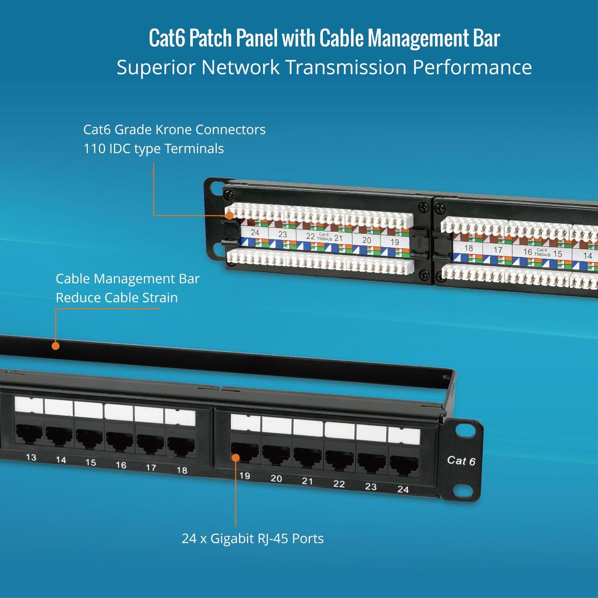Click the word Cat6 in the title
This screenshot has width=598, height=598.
(167, 38)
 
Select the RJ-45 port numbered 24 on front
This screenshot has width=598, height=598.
(404, 465)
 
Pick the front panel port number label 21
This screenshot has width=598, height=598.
(307, 481)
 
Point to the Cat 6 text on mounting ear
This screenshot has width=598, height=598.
(461, 461)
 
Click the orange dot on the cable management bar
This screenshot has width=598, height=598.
(56, 346)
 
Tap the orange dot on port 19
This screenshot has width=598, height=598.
(235, 457)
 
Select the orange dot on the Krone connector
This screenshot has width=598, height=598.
(229, 215)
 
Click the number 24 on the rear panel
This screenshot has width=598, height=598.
(255, 232)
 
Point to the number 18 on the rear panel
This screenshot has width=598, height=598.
(468, 248)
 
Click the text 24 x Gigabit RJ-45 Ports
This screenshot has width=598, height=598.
(253, 539)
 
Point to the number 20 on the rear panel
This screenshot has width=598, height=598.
(367, 240)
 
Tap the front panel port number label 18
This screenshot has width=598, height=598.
(182, 470)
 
